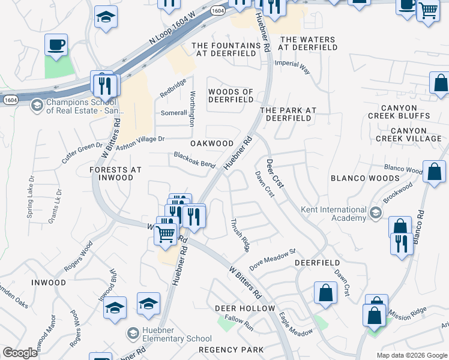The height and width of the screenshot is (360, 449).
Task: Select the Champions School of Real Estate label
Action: coord(84,107)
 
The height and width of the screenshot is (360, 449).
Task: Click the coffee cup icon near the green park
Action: coord(56,46)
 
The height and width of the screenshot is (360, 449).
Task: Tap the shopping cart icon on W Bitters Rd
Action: coord(166,233)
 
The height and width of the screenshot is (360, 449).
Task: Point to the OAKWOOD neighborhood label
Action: coord(212,143)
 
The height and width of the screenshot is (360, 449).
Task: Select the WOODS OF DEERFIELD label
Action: coord(231,95)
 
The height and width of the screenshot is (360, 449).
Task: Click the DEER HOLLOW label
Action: coord(245,308)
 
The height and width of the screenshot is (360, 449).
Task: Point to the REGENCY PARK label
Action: coord(231,349)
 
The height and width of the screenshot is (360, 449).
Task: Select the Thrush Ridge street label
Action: coord(240,235)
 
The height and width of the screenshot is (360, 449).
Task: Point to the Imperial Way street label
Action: coord(292,66)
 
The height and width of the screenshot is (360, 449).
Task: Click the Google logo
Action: coord(20,353)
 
